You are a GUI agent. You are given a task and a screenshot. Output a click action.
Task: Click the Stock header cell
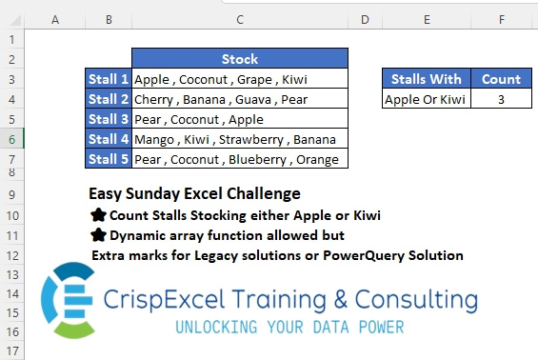point(239,59)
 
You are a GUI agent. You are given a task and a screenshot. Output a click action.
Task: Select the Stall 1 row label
point(108,79)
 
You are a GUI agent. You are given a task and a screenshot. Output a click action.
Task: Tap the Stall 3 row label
point(108,119)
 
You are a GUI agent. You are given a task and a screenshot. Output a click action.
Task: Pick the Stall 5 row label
point(108,159)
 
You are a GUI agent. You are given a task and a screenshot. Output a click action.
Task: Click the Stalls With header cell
point(426,79)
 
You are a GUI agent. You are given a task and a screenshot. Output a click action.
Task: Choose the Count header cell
point(501,79)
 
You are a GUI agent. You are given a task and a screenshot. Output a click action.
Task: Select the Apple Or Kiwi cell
point(426,99)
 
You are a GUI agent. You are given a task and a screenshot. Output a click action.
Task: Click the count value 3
point(501,99)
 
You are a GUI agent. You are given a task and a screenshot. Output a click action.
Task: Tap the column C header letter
point(239,19)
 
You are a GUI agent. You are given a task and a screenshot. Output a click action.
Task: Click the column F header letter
point(501,19)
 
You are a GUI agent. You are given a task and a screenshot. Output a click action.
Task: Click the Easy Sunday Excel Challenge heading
point(194,194)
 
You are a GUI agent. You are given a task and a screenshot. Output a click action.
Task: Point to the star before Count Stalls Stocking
point(97,215)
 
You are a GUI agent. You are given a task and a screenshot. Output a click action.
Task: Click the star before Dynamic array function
point(97,235)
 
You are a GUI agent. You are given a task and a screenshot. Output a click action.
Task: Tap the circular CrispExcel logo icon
point(65,300)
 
